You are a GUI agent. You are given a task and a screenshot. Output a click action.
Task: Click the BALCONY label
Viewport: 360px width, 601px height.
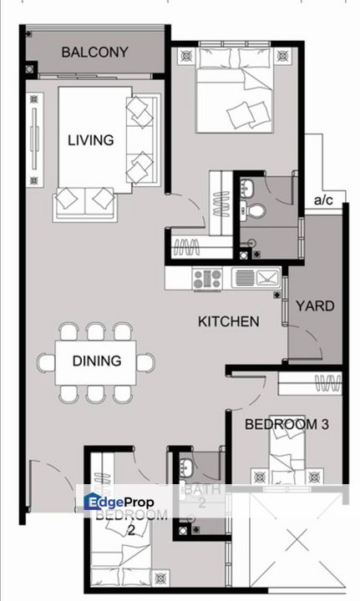pyautogui.click(x=94, y=53)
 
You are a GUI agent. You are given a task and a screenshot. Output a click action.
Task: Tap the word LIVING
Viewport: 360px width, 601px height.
pyautogui.click(x=90, y=140)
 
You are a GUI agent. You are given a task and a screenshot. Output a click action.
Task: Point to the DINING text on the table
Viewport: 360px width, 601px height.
pyautogui.click(x=96, y=361)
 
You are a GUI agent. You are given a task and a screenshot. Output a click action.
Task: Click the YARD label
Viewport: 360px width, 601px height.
pyautogui.click(x=315, y=306)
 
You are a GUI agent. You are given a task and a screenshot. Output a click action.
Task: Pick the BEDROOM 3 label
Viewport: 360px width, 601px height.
pyautogui.click(x=286, y=425)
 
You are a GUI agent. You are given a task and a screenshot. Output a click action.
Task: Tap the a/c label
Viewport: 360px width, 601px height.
pyautogui.click(x=322, y=200)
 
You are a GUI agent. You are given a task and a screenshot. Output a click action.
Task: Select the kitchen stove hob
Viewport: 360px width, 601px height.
pyautogui.click(x=207, y=278)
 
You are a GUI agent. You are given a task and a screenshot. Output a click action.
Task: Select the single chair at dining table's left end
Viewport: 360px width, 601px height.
pyautogui.click(x=46, y=362)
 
